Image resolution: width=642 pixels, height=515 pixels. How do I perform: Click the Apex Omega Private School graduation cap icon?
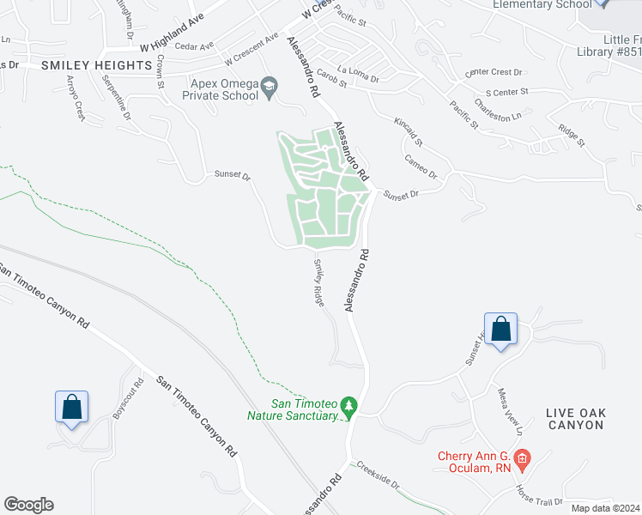click(270, 85)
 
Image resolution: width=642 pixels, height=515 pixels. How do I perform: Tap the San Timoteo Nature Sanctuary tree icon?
click(348, 404)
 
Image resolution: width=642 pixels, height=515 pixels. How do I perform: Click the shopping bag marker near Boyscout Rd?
click(72, 407)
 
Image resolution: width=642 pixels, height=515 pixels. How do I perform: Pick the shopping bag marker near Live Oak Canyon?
click(501, 328)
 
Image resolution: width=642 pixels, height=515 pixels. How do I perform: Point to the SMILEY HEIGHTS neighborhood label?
click(96, 64)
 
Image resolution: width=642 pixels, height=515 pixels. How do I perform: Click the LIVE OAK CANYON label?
click(576, 419)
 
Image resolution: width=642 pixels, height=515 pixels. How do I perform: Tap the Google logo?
click(28, 505)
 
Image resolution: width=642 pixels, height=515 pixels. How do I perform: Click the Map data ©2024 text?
click(604, 507)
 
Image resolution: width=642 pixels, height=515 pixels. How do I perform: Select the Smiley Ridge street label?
click(318, 282)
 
